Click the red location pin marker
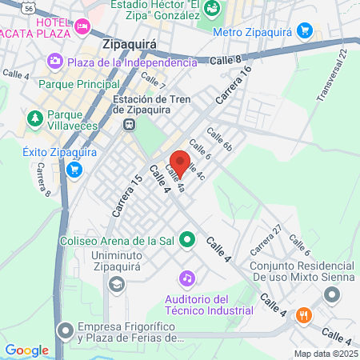click(x=179, y=162)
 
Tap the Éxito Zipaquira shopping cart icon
click(x=74, y=169)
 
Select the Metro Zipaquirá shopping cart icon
click(x=304, y=31)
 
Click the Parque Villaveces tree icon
click(x=34, y=119)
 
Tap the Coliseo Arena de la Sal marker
click(x=187, y=238)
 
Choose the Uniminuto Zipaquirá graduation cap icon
click(x=117, y=283)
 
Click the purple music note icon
click(x=186, y=278)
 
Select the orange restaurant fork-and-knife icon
click(x=303, y=314)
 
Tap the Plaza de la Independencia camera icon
click(x=55, y=60)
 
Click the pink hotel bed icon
click(x=82, y=27)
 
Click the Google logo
click(x=26, y=350)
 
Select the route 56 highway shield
click(x=29, y=7)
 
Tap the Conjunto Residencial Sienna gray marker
click(x=330, y=296)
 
